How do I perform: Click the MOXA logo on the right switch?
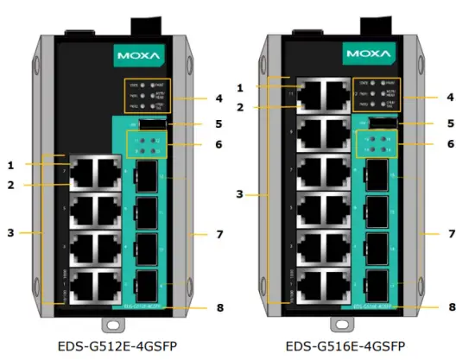point(375,54)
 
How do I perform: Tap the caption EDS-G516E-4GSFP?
point(349,347)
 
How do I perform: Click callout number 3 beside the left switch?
point(11,233)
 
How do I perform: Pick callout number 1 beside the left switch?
point(11,164)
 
